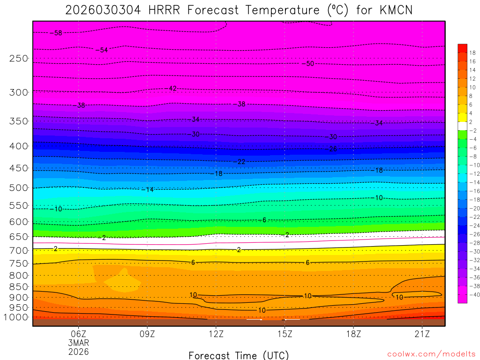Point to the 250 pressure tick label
point(19,59)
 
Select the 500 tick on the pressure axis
point(19,188)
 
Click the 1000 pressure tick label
point(17,317)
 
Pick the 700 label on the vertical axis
point(19,251)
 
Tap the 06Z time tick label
point(78,334)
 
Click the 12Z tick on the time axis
point(216,334)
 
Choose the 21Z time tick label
point(422,334)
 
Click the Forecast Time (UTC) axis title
point(239,355)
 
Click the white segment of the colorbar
point(462,126)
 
